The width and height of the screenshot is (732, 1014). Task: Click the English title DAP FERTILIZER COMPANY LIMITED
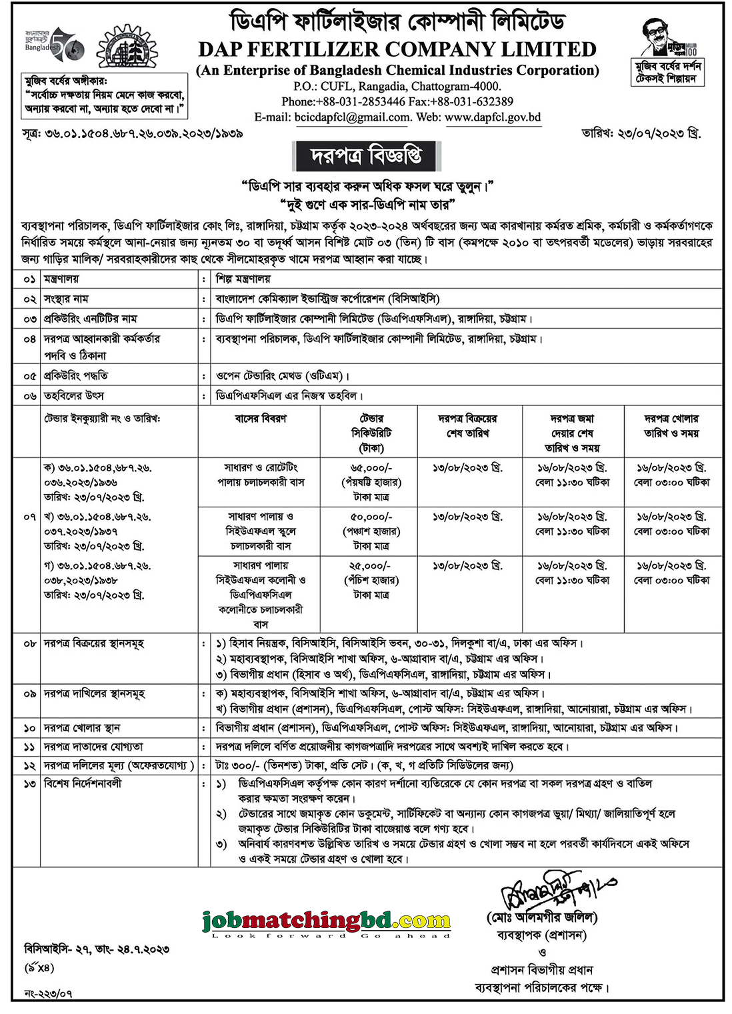pos(397,50)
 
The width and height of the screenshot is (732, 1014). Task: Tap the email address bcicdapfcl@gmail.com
pos(352,117)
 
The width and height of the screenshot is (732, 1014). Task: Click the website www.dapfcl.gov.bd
pos(493,117)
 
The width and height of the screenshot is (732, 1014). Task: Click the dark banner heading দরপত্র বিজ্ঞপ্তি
pos(366,157)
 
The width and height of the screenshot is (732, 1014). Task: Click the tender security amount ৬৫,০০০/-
pos(371,468)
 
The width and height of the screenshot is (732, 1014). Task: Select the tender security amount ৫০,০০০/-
pos(371,517)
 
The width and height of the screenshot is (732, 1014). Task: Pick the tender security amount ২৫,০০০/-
pos(371,565)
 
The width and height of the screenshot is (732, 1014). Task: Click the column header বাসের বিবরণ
pos(261,419)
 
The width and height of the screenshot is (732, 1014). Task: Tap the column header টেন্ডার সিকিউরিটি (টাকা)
pos(371,433)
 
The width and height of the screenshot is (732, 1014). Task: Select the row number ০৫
pos(28,376)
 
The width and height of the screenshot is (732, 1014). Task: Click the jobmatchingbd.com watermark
pos(327,922)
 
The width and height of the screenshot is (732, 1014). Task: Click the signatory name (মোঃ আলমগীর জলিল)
pos(542,918)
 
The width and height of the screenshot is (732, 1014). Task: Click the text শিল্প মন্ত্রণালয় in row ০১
pos(243,279)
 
